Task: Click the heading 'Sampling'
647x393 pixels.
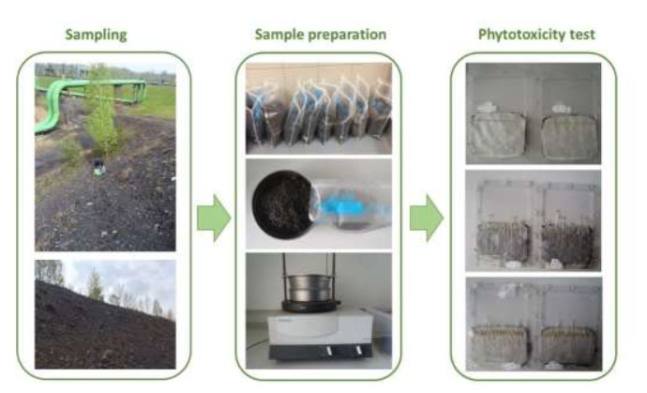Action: click(x=96, y=36)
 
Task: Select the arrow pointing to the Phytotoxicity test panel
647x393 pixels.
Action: click(x=427, y=218)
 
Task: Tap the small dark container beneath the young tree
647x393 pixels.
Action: click(x=97, y=169)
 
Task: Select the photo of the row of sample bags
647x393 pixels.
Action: click(x=318, y=109)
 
